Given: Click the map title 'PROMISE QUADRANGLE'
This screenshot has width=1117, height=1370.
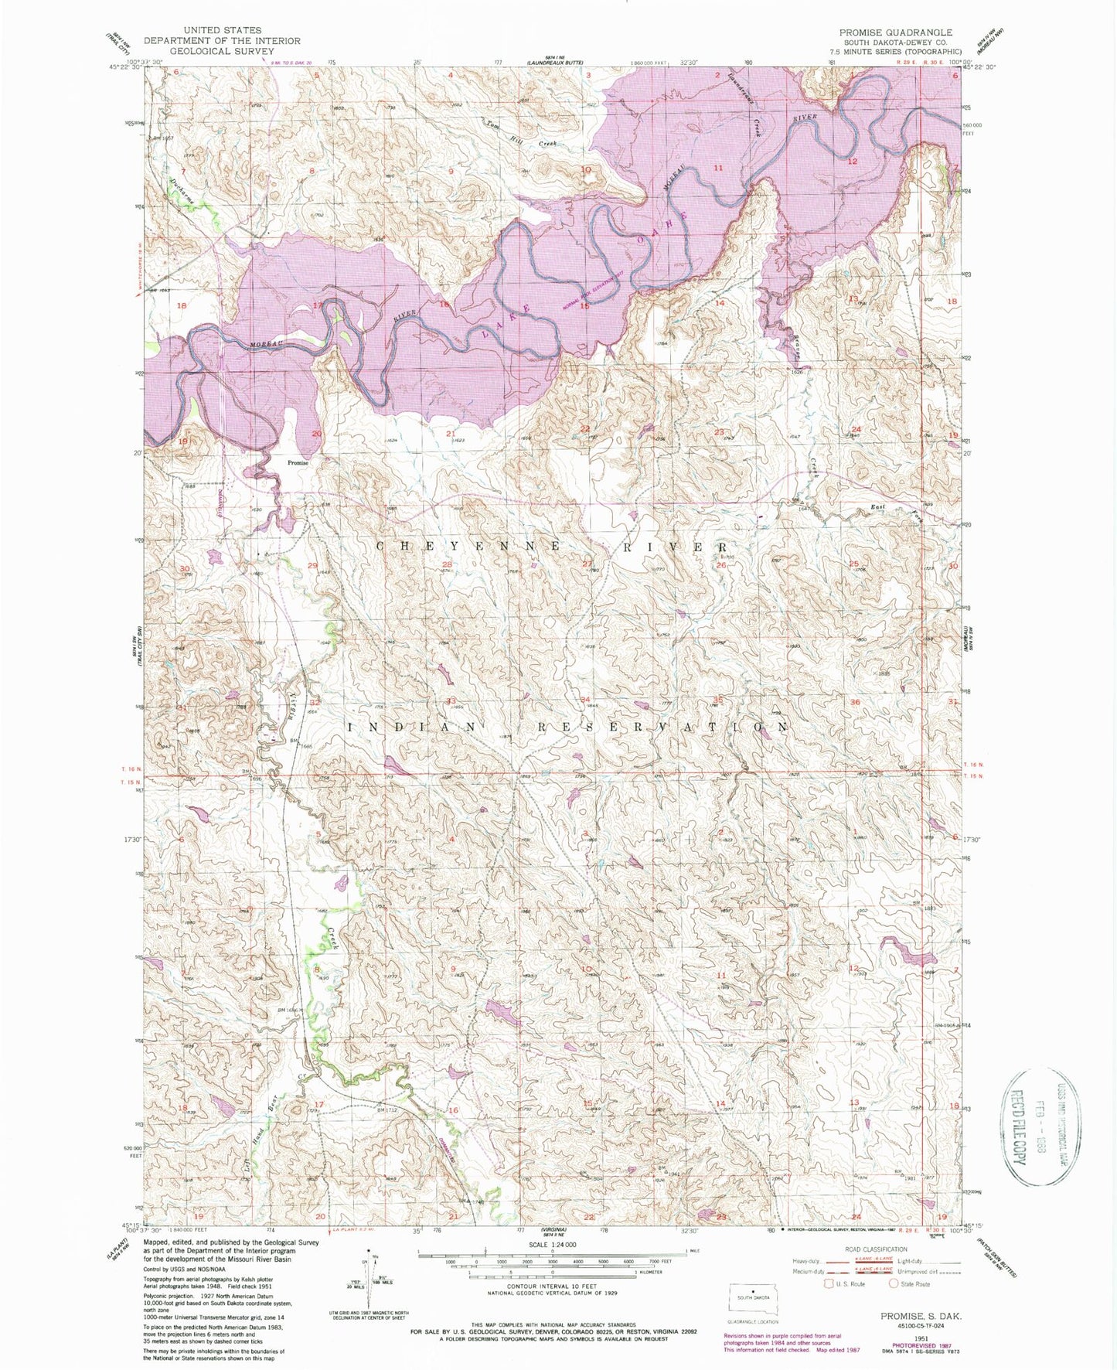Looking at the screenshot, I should [895, 32].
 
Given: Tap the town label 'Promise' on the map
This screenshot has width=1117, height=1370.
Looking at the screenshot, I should [298, 463].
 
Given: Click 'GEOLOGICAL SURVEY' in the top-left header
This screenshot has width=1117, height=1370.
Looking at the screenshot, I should [223, 51].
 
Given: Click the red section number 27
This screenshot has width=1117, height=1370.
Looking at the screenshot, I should [587, 564].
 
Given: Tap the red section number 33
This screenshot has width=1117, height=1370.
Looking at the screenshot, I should [451, 700].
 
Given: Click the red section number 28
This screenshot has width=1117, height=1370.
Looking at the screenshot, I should [447, 565].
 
